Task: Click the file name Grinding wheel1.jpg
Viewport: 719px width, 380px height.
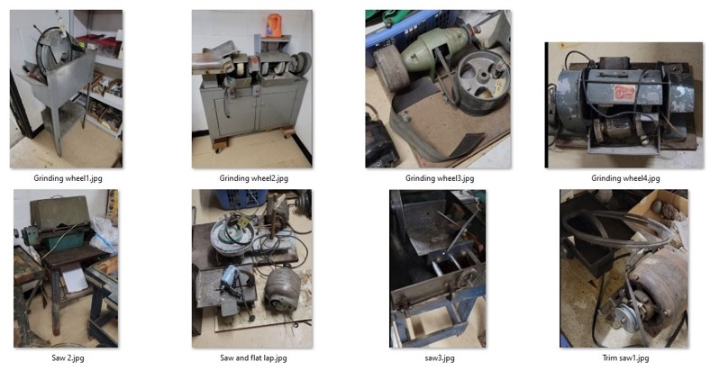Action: pos(68,178)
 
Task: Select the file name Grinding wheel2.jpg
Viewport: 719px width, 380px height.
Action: pos(253,178)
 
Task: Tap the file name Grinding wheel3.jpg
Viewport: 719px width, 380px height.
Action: pos(440,178)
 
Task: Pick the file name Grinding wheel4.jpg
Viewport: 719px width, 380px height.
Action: pos(625,178)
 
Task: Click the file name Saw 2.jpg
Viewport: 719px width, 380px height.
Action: pos(68,358)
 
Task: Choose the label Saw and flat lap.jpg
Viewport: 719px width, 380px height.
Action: pos(253,358)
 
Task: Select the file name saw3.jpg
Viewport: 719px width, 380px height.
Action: pos(440,358)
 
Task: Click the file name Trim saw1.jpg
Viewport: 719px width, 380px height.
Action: pos(625,358)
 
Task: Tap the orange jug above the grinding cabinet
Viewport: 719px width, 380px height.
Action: pos(274,25)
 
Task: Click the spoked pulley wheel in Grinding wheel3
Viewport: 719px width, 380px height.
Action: pos(483,79)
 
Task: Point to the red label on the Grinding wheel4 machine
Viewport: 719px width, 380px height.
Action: pos(624,92)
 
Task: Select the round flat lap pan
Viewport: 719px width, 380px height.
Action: pos(232,236)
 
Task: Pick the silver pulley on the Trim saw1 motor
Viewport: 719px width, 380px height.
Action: pos(624,316)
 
